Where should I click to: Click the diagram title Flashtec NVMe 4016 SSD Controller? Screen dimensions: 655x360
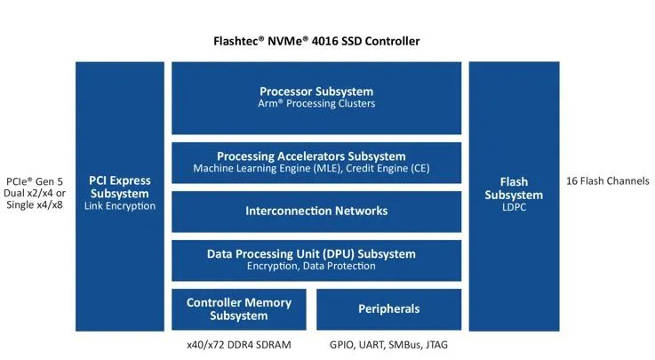[x=316, y=41]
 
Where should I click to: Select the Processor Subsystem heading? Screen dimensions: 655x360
[x=316, y=92]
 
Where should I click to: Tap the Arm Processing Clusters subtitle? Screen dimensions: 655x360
[x=316, y=104]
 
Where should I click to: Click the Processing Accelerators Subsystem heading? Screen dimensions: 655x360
[x=311, y=156]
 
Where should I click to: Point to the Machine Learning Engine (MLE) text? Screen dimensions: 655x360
[x=267, y=168]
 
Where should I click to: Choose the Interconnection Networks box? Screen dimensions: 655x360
[x=316, y=212]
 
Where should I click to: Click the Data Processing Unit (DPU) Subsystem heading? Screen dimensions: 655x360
[x=311, y=254]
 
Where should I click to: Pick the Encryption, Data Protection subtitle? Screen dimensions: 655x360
[x=311, y=266]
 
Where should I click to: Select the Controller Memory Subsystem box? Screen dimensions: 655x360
[x=239, y=309]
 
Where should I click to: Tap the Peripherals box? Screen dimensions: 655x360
[x=389, y=309]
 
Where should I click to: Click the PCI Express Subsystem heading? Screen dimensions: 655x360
[x=120, y=187]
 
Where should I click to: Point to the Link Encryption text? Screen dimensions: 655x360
[x=120, y=206]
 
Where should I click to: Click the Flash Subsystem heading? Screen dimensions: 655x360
[x=514, y=188]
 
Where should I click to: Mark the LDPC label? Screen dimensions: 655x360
[x=514, y=207]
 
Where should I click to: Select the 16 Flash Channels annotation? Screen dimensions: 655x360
[x=608, y=181]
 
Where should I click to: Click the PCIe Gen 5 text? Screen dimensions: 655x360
[x=35, y=181]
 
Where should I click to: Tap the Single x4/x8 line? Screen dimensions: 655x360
[x=35, y=204]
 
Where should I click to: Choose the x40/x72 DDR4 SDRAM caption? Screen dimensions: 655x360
[x=239, y=345]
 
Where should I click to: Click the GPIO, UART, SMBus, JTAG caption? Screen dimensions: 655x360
[x=388, y=345]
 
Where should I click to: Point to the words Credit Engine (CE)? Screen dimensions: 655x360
[x=387, y=168]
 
